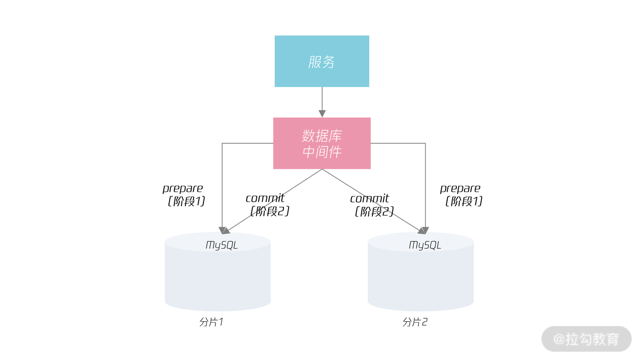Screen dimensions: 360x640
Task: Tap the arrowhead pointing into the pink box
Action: pyautogui.click(x=322, y=114)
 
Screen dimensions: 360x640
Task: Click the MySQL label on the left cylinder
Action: pyautogui.click(x=221, y=245)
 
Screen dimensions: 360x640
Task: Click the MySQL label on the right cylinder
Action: pyautogui.click(x=425, y=245)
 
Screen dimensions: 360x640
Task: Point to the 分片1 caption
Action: pyautogui.click(x=211, y=322)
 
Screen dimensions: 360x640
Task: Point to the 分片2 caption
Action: pyautogui.click(x=415, y=322)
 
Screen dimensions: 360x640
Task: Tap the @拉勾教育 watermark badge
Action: pyautogui.click(x=586, y=339)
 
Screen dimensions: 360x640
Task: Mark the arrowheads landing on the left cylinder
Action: pyautogui.click(x=224, y=230)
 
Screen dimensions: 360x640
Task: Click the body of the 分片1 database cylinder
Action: pyautogui.click(x=218, y=278)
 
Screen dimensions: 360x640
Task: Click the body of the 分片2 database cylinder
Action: pyautogui.click(x=420, y=278)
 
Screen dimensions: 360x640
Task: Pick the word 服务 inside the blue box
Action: pyautogui.click(x=322, y=62)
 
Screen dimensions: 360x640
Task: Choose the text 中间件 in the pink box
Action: pyautogui.click(x=322, y=152)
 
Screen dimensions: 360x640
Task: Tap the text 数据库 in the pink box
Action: pyautogui.click(x=322, y=136)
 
